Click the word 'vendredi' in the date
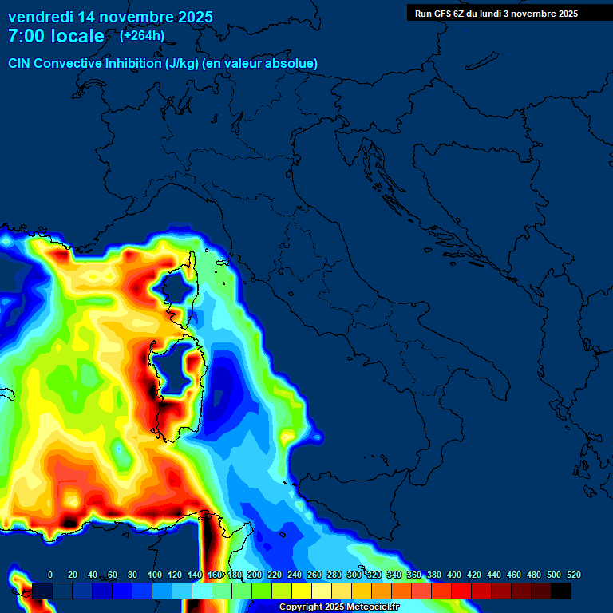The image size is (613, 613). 40,17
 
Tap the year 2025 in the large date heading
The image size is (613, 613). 193,17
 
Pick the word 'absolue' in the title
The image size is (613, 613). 293,63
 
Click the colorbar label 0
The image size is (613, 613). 50,575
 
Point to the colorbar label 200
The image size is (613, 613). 255,575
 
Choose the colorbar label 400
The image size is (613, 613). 454,575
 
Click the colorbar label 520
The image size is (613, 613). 573,575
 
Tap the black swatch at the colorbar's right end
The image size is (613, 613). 561,591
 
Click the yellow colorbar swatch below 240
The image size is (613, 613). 302,591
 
